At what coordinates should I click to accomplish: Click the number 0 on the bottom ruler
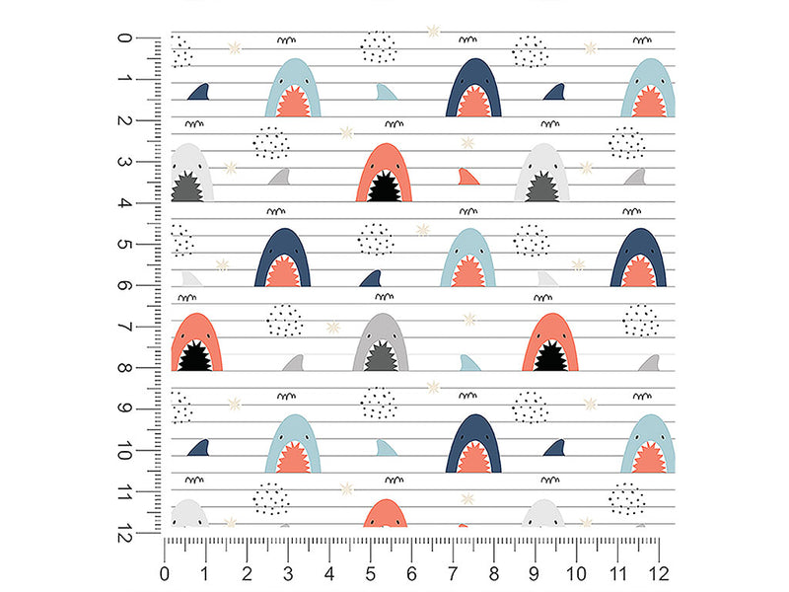[165, 573]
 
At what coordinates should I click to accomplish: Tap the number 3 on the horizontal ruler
[288, 573]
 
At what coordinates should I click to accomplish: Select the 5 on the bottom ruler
[371, 573]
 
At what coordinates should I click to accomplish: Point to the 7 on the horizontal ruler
[453, 573]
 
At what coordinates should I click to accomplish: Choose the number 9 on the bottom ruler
[534, 573]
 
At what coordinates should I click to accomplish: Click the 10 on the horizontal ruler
[576, 573]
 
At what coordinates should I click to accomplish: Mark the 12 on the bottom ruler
[659, 573]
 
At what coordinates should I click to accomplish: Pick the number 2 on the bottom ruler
[247, 573]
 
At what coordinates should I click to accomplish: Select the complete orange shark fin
[467, 177]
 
